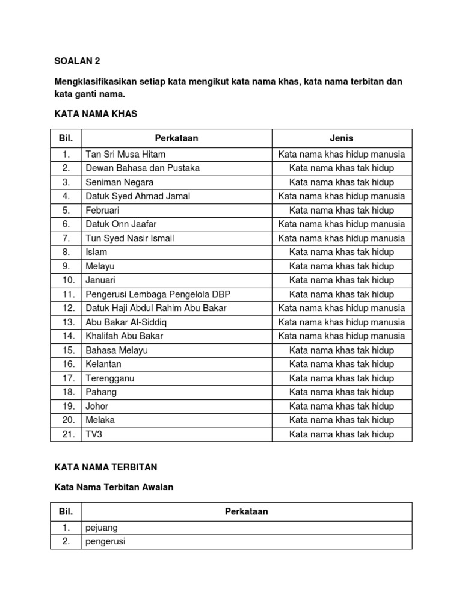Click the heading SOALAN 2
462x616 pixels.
78,61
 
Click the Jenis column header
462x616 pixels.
342,138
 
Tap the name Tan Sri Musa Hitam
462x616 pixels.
126,155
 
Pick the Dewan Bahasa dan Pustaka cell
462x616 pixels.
143,168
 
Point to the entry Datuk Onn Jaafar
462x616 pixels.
121,224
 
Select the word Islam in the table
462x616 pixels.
96,252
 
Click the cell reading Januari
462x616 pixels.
100,280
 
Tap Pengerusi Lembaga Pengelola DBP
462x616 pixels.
158,294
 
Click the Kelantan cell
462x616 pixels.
103,365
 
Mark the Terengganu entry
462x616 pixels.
110,378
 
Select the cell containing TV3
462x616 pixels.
94,434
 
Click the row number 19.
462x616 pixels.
66,406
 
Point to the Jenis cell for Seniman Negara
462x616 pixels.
342,182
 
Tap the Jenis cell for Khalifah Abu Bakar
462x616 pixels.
342,336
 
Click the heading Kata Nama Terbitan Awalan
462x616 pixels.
114,487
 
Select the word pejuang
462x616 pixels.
102,528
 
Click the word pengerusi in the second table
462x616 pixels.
106,541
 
